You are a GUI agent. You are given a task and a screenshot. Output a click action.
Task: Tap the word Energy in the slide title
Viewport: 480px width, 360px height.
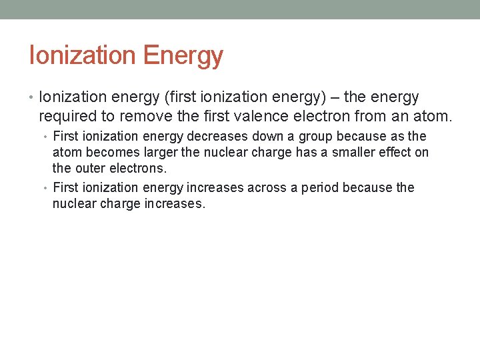click(183, 55)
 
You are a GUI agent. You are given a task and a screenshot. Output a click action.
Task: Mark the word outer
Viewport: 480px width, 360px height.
click(87, 169)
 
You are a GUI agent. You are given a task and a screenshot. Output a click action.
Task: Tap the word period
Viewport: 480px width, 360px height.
click(328, 188)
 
